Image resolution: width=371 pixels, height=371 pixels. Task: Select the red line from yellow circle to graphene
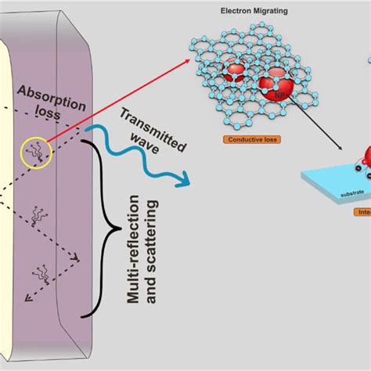tap(117, 105)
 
